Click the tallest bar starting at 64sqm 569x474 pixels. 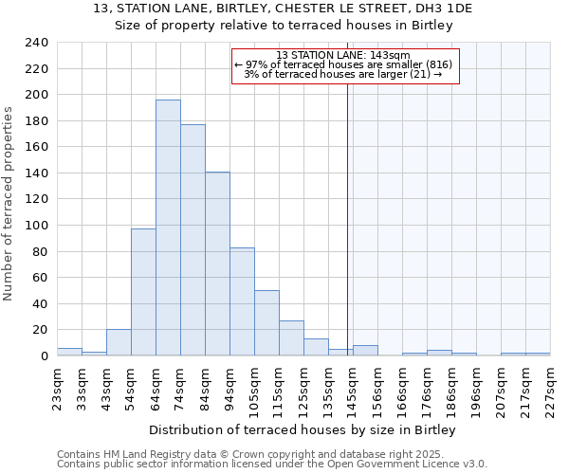click(168, 228)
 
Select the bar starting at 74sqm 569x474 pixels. click(193, 240)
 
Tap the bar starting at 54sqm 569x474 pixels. click(143, 292)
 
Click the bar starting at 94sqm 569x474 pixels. click(242, 301)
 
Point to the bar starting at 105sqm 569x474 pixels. click(266, 323)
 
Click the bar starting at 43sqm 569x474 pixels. click(119, 343)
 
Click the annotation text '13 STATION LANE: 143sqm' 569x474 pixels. click(343, 55)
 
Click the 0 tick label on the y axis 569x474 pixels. click(45, 356)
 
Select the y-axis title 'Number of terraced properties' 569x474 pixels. click(9, 204)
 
